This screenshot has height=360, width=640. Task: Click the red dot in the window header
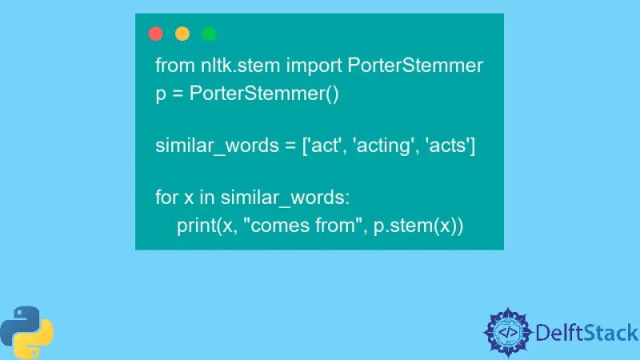[x=156, y=34]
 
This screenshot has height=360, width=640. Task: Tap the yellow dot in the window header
[x=182, y=34]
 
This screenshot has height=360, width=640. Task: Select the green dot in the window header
[x=209, y=34]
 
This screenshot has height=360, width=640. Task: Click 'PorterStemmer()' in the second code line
[x=265, y=94]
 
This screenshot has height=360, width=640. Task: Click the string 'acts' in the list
[x=450, y=146]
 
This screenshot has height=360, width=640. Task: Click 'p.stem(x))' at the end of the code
[x=418, y=226]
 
